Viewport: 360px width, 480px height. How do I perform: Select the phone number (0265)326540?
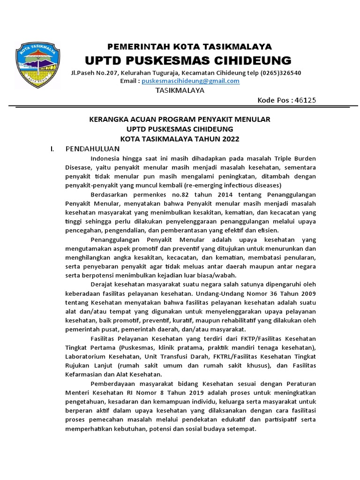pos(281,73)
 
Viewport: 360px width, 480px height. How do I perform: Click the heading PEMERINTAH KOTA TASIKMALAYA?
pos(190,46)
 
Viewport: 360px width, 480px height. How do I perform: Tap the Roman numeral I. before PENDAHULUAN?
pos(52,149)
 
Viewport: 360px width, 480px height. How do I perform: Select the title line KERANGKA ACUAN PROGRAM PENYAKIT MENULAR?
pos(180,120)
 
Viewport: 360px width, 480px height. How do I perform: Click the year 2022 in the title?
pos(229,139)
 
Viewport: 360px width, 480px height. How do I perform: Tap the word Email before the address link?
pos(130,81)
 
